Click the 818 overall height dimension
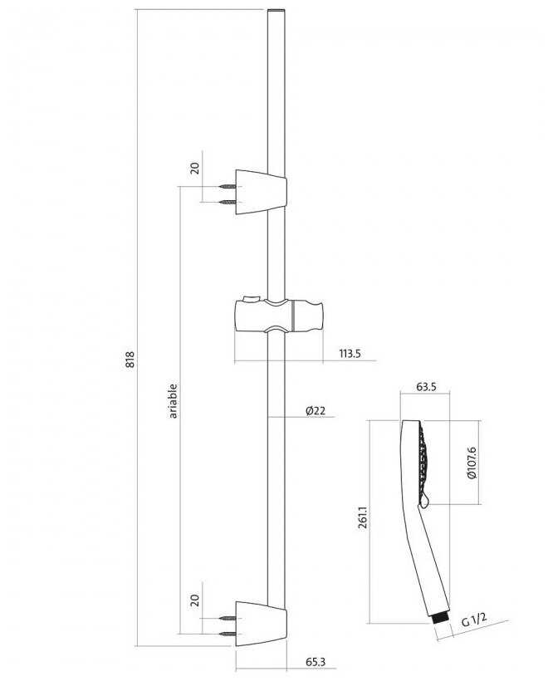point(130,360)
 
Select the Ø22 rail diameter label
point(316,410)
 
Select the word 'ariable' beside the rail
point(174,399)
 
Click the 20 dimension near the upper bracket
point(194,168)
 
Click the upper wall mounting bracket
point(261,191)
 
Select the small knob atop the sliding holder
point(247,296)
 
